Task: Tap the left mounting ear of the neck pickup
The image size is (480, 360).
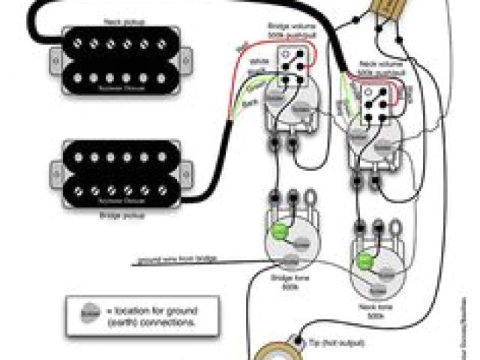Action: (x=55, y=55)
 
